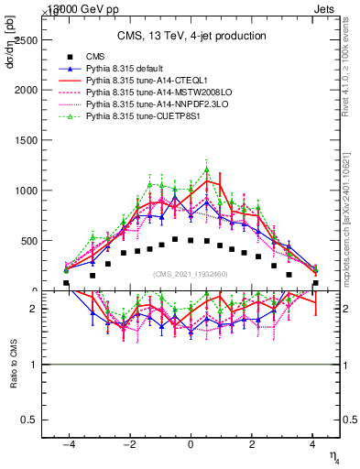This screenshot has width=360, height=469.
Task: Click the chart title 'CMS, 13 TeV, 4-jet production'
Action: pyautogui.click(x=191, y=36)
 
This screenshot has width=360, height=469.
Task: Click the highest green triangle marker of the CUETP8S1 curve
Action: pyautogui.click(x=206, y=169)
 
